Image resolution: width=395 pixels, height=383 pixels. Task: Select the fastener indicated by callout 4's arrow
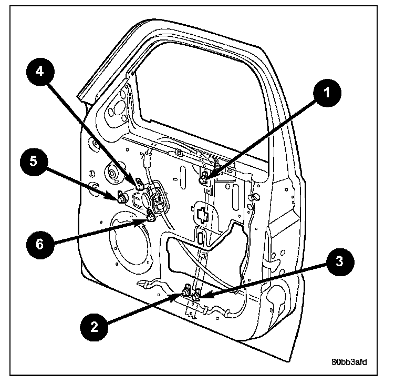tap(139, 184)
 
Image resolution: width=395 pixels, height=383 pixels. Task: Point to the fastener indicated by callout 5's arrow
tap(121, 197)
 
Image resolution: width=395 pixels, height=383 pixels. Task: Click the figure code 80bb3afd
tap(349, 362)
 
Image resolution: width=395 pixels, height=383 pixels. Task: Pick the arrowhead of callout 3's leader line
tap(201, 298)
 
